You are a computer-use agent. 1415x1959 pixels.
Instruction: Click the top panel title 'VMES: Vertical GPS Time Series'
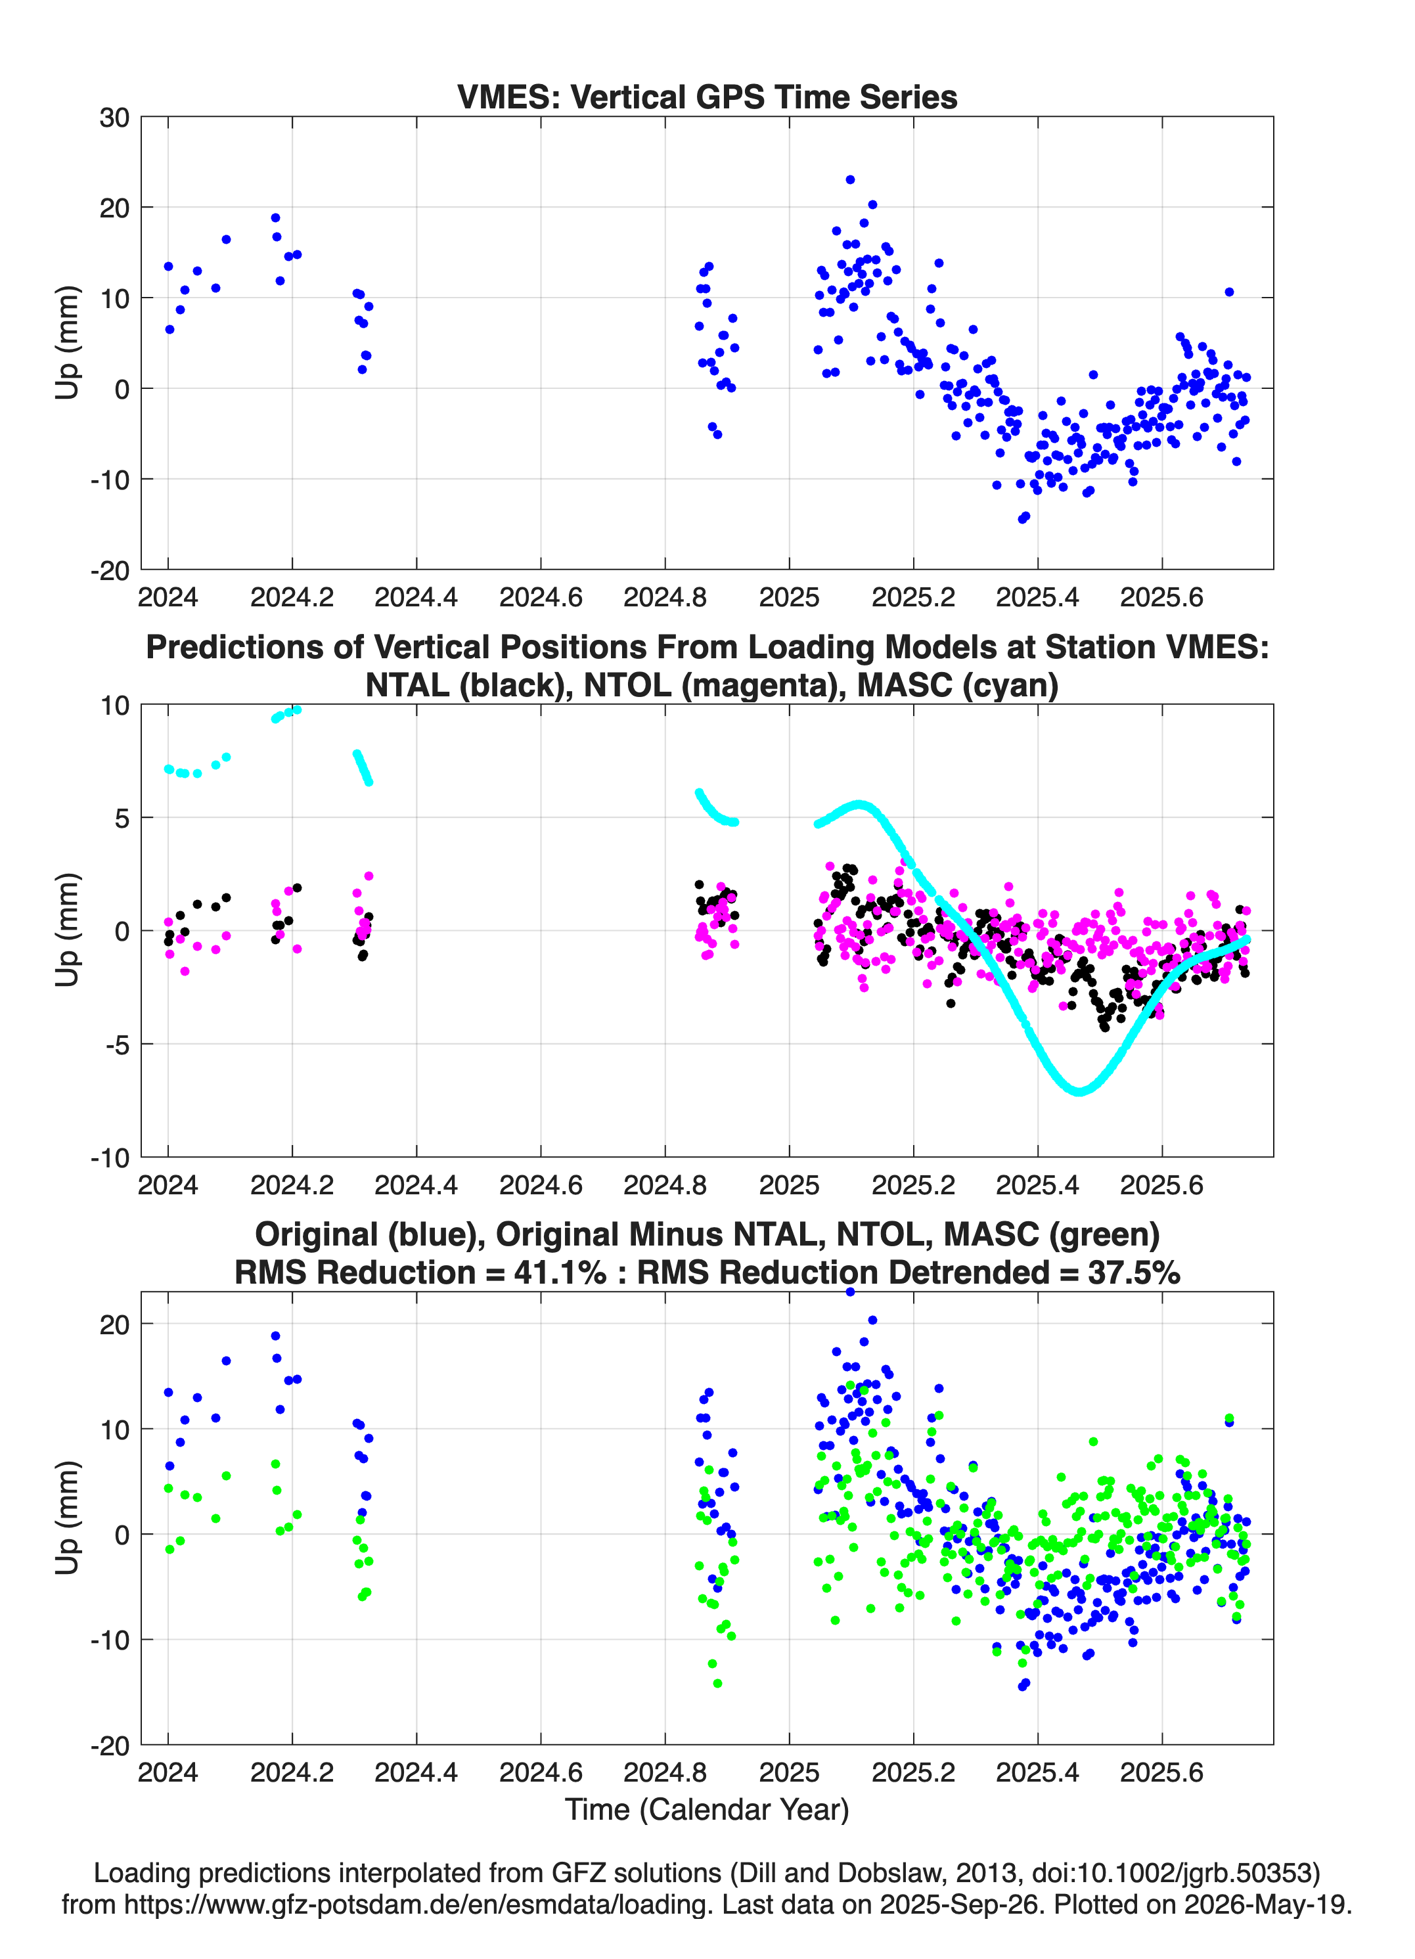tap(707, 97)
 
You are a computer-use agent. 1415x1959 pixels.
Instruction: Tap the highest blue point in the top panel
tap(850, 179)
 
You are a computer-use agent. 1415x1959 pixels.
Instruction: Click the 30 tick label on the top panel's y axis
tap(114, 118)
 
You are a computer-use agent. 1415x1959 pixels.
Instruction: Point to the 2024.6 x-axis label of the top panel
tap(541, 597)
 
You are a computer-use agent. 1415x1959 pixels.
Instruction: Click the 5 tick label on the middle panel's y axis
tap(122, 818)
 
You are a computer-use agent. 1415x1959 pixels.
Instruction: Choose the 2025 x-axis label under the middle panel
tap(789, 1184)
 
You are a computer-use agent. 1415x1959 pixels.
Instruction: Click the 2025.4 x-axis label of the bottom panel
tap(1037, 1772)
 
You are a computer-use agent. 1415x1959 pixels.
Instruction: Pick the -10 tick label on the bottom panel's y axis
tap(110, 1640)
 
